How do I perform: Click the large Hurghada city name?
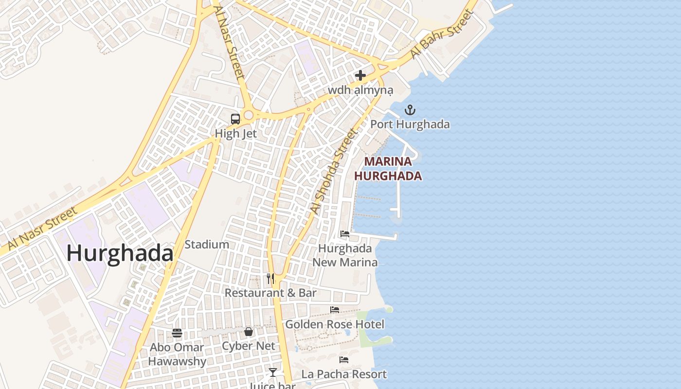point(120,254)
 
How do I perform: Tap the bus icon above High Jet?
point(235,119)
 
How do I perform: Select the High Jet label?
point(236,133)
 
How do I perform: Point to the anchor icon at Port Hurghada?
point(410,110)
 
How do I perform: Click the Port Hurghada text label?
point(410,124)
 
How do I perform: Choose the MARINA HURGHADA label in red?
point(388,168)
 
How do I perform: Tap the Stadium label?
point(207,245)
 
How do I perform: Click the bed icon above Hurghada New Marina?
point(345,234)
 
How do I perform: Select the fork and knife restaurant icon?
point(270,279)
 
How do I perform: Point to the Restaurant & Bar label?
point(270,293)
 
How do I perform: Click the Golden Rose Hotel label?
point(335,324)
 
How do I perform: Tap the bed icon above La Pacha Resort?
point(344,360)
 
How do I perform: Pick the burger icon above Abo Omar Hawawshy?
point(177,333)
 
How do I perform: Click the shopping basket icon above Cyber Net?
point(249,332)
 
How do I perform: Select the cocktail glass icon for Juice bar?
point(272,372)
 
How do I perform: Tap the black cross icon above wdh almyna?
point(360,75)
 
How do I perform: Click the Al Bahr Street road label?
point(442,35)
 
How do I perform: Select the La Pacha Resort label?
point(344,374)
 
